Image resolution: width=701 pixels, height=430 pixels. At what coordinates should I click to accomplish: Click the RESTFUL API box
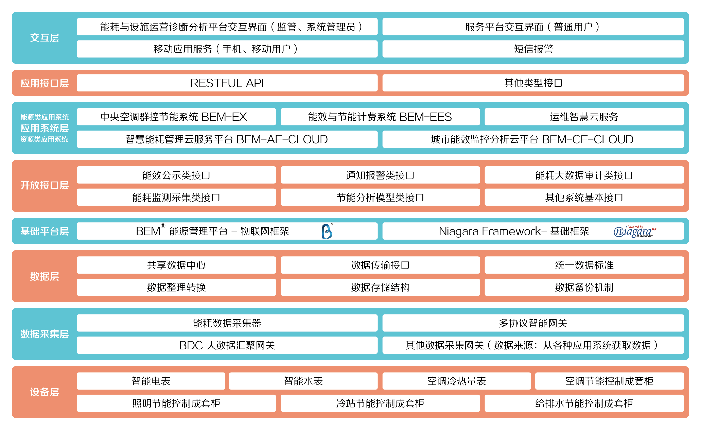(x=227, y=83)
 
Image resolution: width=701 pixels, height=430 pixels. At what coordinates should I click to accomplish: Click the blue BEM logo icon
(x=327, y=231)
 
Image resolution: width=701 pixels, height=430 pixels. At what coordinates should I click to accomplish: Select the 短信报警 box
(x=533, y=49)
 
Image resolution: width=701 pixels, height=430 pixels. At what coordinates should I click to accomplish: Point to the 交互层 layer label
(x=44, y=38)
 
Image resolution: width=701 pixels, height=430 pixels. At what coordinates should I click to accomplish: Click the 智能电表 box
(x=151, y=381)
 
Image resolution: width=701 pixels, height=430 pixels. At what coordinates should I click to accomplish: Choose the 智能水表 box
(x=303, y=381)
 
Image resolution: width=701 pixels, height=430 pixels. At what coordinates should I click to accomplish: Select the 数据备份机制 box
(x=584, y=287)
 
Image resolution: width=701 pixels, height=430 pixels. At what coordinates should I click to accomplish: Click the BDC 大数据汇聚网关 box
(x=227, y=345)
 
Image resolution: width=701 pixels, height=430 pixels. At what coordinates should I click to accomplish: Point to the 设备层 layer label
(x=44, y=392)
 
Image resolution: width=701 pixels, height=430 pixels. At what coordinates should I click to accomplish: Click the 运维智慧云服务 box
(x=584, y=117)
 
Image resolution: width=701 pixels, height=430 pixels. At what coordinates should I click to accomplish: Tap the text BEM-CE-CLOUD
(x=588, y=139)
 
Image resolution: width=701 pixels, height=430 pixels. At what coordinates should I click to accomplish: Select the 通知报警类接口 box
(x=380, y=175)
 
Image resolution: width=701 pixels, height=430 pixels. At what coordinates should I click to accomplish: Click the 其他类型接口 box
(x=533, y=83)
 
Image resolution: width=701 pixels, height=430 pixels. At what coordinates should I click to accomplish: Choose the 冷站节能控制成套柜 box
(x=380, y=403)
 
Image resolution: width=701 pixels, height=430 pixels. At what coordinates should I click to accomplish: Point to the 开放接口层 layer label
(x=44, y=186)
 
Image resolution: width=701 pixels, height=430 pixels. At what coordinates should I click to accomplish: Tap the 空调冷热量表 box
(x=456, y=381)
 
